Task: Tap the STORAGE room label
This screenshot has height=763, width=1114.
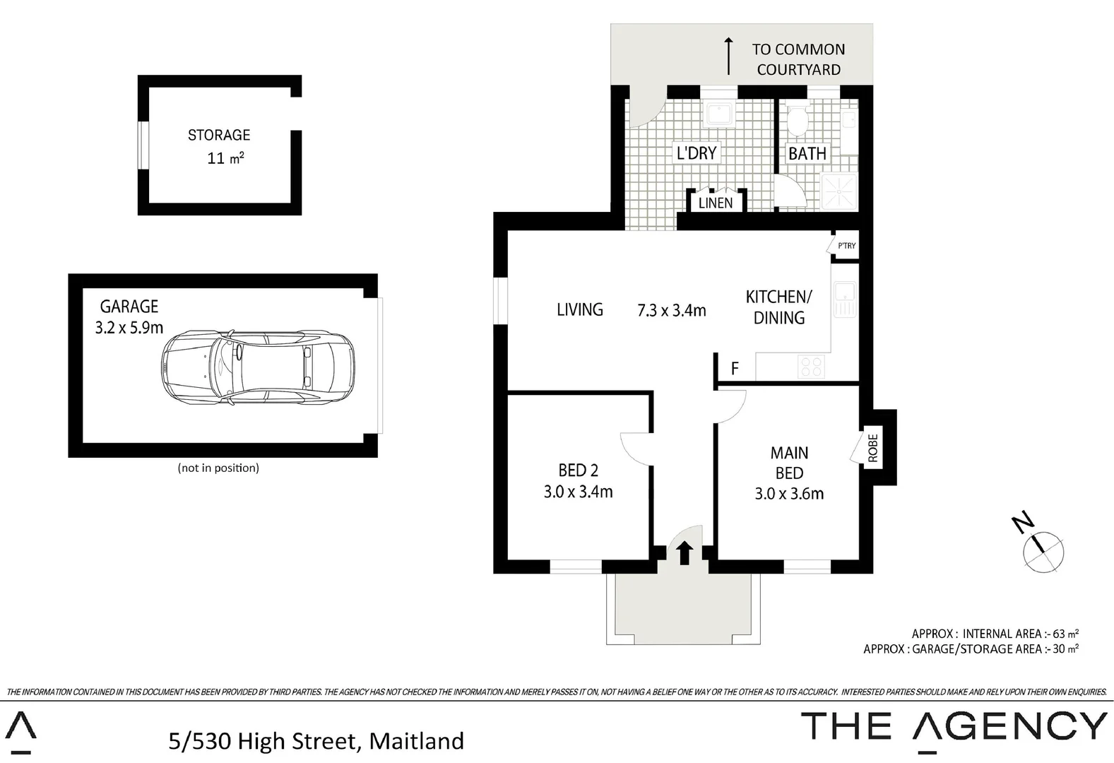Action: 218,135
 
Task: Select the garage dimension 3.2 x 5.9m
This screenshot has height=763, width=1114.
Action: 129,328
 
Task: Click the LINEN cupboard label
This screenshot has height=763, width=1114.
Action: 716,203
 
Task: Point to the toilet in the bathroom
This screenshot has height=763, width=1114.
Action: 799,122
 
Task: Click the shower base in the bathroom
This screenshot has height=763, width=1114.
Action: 839,191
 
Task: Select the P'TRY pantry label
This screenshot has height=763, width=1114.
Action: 847,246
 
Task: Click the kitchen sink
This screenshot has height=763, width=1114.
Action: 844,299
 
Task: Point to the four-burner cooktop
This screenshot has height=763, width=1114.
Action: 810,367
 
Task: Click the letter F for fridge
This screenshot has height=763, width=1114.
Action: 735,369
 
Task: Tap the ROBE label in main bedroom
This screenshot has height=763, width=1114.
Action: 872,448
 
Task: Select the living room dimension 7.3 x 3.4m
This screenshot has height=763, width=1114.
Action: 671,310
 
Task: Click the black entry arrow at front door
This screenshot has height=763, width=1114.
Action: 684,553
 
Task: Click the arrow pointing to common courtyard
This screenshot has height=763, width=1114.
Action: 728,57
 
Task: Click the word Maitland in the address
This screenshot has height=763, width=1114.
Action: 416,741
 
